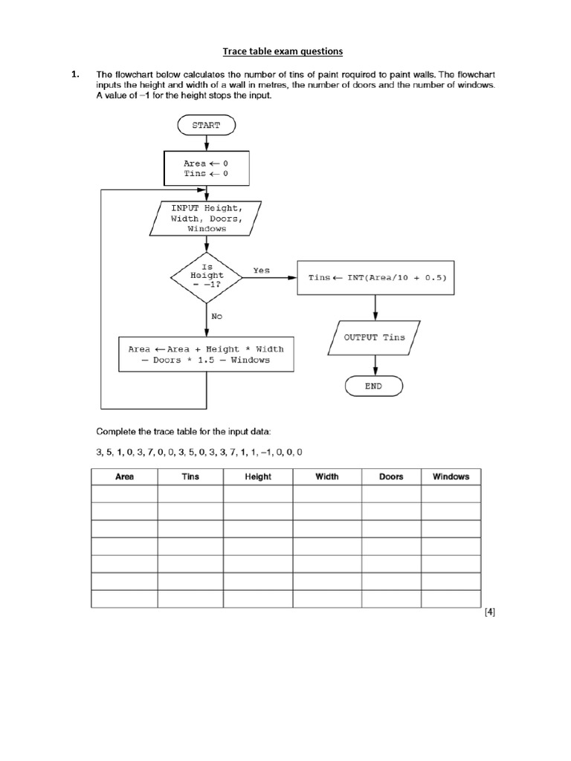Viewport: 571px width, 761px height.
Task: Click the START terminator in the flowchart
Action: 206,126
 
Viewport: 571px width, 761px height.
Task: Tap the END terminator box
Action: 373,386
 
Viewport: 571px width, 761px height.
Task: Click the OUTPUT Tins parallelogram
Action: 374,337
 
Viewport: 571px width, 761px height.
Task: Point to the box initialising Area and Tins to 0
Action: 206,168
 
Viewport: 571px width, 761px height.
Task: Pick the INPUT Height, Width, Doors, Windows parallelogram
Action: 206,218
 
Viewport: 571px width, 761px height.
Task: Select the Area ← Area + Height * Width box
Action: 206,354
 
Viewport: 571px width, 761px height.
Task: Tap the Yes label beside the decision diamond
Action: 262,271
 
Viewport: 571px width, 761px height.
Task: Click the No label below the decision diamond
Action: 216,316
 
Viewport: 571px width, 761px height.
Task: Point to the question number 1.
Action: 74,75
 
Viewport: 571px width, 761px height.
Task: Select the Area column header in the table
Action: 125,476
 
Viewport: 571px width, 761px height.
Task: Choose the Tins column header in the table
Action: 190,476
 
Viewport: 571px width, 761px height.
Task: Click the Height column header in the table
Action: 258,476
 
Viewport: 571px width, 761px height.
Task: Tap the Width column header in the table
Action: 327,476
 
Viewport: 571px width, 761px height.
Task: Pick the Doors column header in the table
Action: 391,476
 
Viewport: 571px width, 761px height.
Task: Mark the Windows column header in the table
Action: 451,476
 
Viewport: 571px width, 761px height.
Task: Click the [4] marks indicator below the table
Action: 489,612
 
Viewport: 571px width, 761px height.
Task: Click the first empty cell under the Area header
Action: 125,494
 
